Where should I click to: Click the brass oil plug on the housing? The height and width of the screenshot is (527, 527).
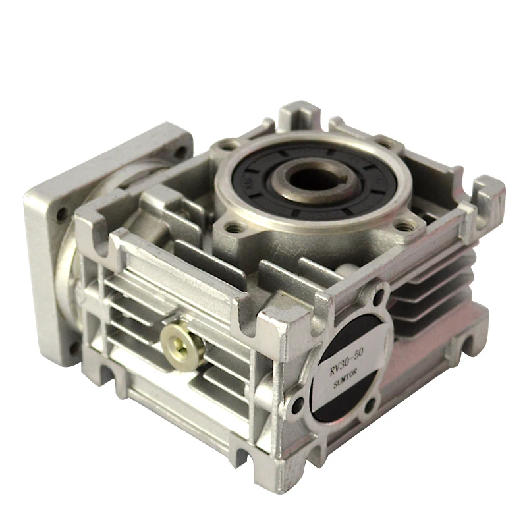pos(177,340)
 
